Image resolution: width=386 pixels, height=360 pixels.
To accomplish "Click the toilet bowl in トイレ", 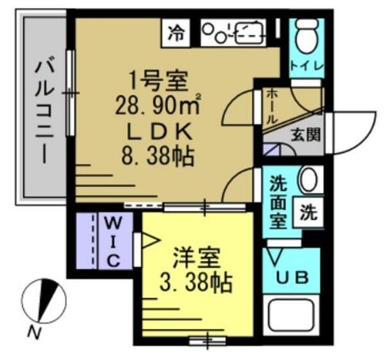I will pyautogui.click(x=306, y=35).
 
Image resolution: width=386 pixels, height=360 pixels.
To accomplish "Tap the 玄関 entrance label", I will pyautogui.click(x=304, y=134).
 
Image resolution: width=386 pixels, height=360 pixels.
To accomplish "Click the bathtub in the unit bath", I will pyautogui.click(x=292, y=320).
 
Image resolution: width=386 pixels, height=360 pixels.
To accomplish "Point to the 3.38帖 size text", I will pyautogui.click(x=196, y=282).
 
